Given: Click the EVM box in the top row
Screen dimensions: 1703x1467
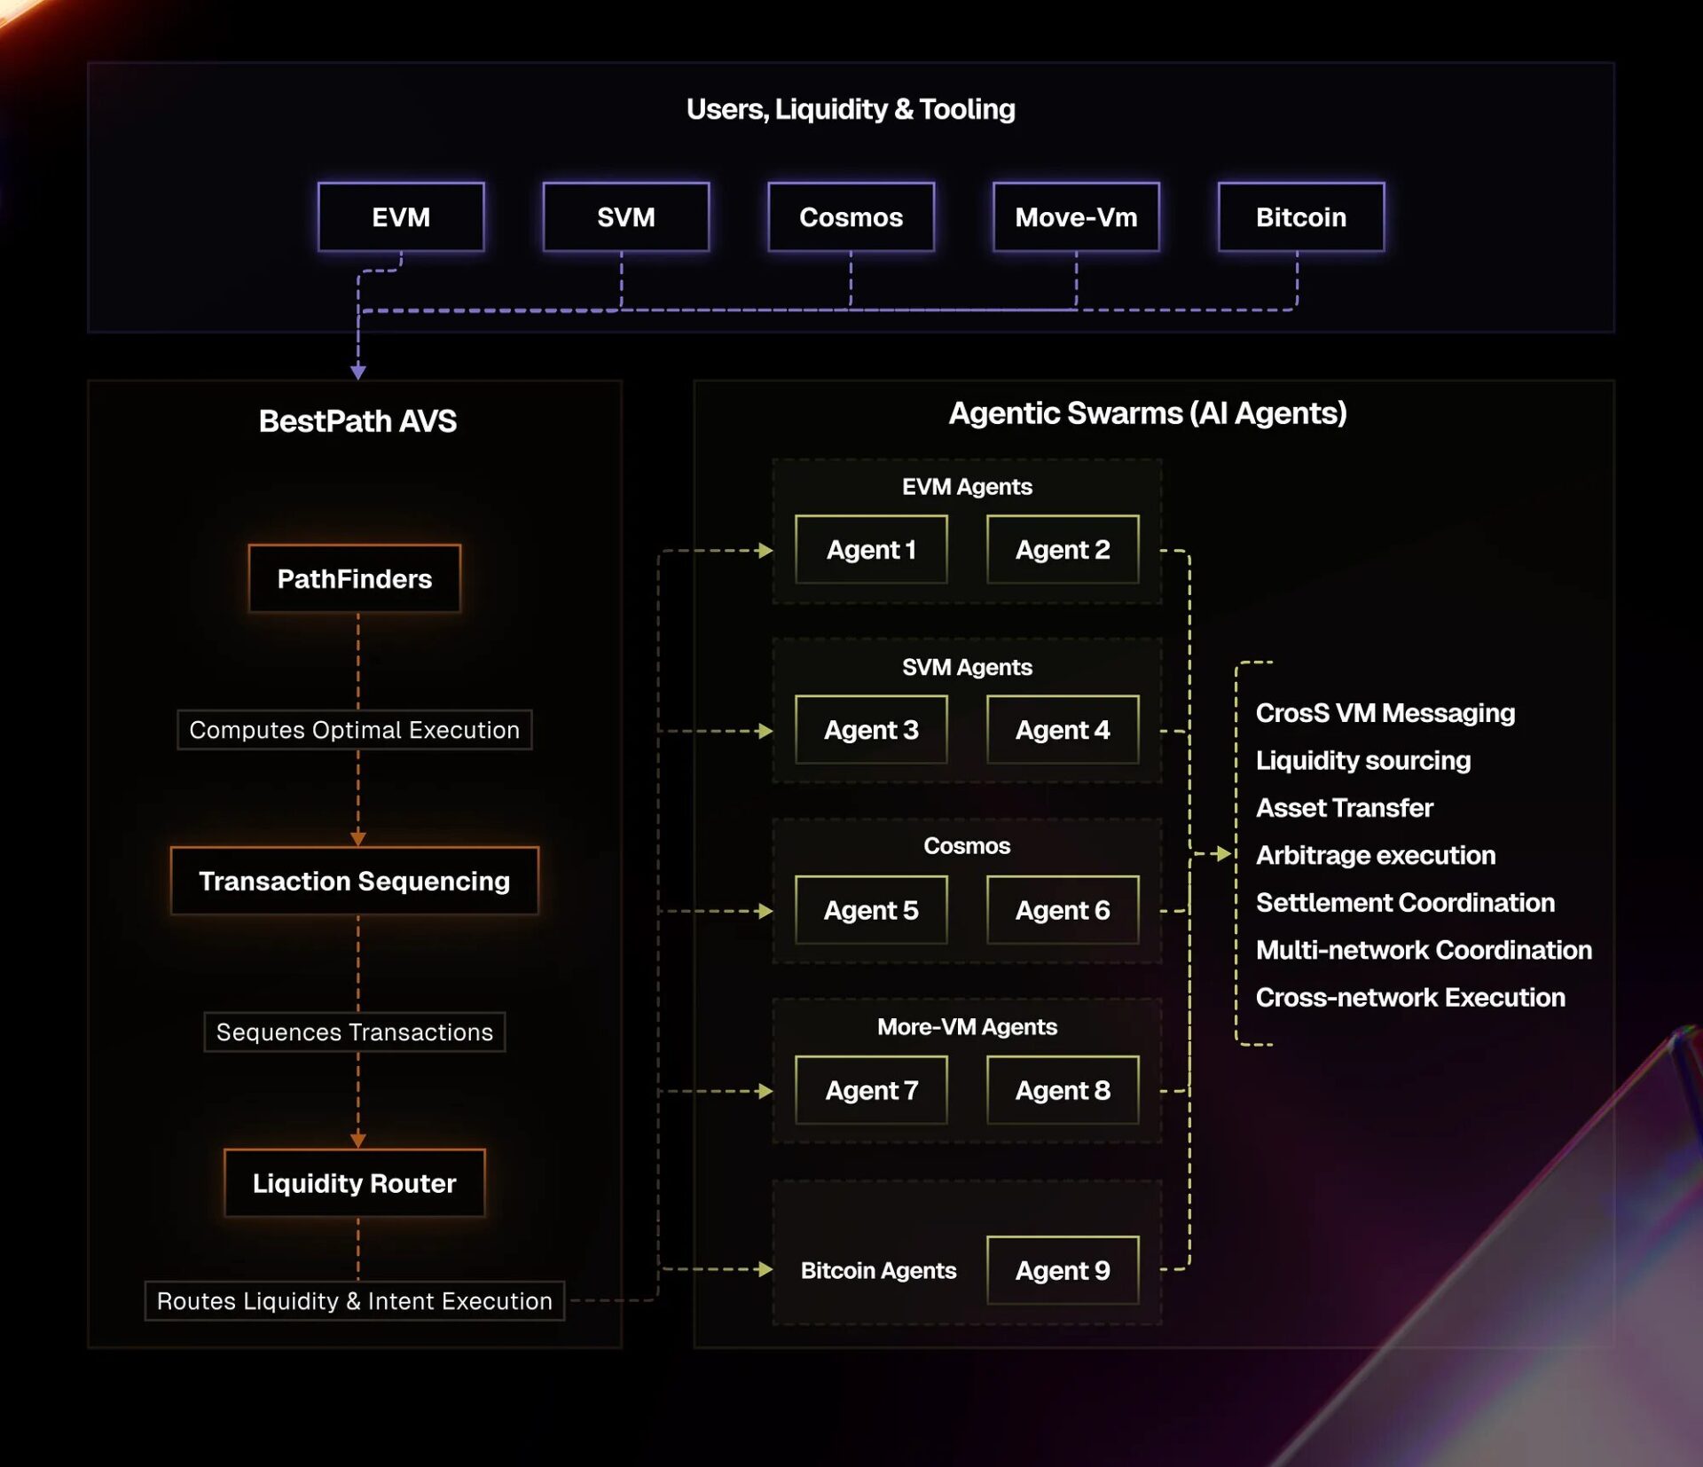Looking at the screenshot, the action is tap(401, 217).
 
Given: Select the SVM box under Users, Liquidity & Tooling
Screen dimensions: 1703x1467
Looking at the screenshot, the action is tap(626, 217).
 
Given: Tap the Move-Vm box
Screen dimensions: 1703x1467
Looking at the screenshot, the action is tap(1076, 217).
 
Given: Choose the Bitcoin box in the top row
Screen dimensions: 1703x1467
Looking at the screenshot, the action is tap(1301, 217).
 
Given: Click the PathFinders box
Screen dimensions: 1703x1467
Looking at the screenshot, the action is tap(355, 578).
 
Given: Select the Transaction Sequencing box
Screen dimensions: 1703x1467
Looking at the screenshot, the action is tap(355, 881).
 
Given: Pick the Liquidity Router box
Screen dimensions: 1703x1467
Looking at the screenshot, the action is tap(355, 1183).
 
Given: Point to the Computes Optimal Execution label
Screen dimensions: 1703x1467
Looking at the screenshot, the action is tap(355, 730).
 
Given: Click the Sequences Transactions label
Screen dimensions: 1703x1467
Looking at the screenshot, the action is tap(355, 1032).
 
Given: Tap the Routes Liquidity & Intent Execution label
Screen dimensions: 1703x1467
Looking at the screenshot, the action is tap(355, 1301).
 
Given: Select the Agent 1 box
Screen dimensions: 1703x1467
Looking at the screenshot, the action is tap(871, 550).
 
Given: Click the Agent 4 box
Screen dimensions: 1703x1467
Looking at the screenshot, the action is tap(1063, 730).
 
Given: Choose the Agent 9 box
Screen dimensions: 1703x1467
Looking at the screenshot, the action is tap(1063, 1271).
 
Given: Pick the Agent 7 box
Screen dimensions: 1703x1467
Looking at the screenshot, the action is tap(871, 1090).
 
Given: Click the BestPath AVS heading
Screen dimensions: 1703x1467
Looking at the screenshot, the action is tap(357, 421).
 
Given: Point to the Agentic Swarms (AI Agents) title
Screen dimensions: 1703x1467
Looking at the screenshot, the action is tap(1148, 413).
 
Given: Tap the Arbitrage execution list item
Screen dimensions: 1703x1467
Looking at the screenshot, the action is tap(1376, 855).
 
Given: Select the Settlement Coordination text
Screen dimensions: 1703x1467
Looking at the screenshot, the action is tap(1405, 903).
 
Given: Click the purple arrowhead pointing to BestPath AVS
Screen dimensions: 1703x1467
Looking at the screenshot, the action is tap(358, 373).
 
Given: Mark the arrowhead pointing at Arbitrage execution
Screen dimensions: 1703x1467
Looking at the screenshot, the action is tap(1223, 854).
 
